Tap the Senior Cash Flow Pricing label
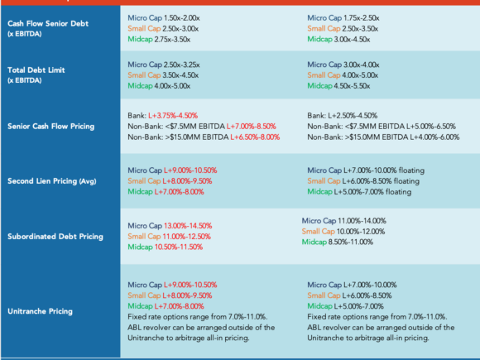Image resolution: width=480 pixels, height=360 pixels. tap(50, 127)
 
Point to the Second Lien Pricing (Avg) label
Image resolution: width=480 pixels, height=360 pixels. tap(52, 181)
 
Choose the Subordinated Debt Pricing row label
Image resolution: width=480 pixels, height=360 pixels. tap(55, 237)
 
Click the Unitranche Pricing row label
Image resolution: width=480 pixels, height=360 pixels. tap(40, 311)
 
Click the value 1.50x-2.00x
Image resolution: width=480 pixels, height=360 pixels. tap(181, 18)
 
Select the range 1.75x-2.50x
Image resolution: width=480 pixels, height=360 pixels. tap(361, 18)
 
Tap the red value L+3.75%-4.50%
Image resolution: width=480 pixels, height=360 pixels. tap(173, 116)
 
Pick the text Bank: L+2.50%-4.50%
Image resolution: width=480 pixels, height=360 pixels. tap(343, 116)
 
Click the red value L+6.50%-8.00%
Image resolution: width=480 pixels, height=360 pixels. tap(255, 137)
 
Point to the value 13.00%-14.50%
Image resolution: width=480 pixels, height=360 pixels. tap(188, 226)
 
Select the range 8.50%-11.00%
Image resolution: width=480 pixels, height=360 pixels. tap(351, 242)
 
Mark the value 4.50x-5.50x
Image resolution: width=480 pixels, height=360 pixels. tap(352, 86)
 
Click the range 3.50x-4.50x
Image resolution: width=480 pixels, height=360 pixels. tap(180, 75)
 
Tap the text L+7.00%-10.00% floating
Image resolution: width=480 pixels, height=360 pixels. tap(384, 170)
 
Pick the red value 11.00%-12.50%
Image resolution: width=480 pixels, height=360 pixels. tap(187, 237)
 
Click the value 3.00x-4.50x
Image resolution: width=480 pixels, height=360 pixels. tap(352, 40)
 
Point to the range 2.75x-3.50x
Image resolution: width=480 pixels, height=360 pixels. tap(172, 40)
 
